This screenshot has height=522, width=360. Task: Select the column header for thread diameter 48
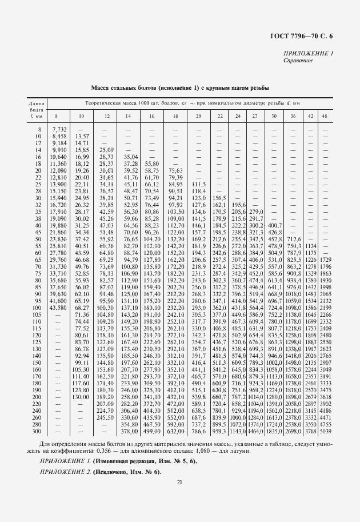click(325, 117)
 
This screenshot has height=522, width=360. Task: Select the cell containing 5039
click(325, 431)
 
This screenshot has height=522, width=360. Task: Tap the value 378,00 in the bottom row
click(132, 431)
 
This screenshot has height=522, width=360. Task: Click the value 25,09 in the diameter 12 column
click(106, 150)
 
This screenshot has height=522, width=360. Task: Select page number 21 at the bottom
click(179, 483)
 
